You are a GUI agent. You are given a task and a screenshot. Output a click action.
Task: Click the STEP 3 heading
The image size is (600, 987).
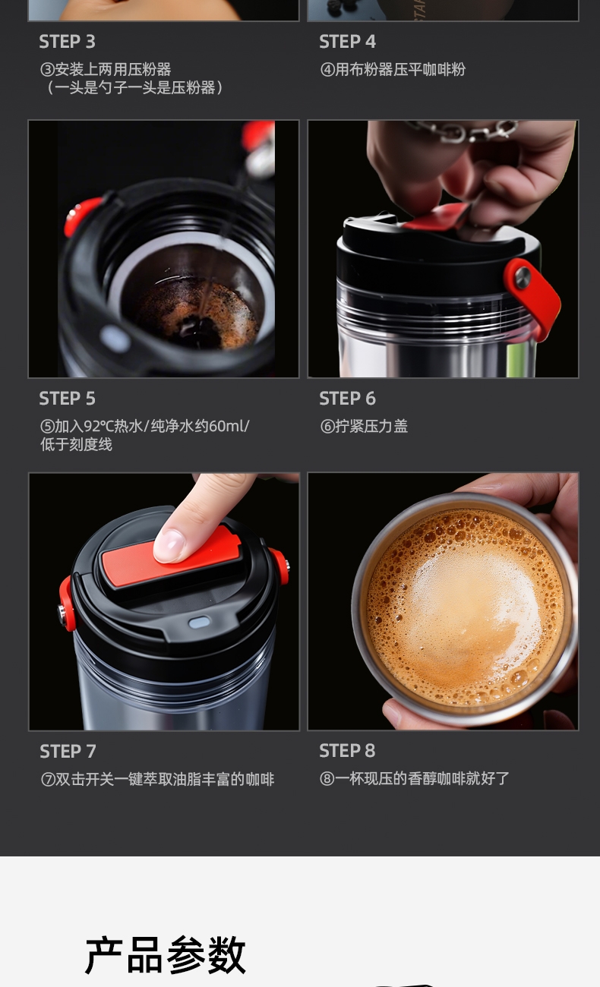67,42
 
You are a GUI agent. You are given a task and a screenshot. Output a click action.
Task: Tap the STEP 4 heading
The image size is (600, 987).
347,42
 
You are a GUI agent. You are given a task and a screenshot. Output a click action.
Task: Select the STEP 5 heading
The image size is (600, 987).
67,399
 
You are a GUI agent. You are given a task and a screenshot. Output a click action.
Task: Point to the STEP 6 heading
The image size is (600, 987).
347,399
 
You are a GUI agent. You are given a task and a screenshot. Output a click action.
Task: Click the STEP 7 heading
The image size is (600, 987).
68,752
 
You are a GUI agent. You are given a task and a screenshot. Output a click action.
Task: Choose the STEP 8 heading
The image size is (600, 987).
347,751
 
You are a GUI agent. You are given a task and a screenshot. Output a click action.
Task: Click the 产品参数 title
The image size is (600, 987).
166,955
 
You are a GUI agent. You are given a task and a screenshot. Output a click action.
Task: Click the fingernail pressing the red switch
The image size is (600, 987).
169,545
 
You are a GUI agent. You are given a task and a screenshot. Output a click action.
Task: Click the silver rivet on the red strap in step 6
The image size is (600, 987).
523,278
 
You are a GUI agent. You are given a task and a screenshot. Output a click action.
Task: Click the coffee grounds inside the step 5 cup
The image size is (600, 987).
194,315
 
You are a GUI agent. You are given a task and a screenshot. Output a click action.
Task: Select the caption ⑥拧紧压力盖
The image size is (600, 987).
364,427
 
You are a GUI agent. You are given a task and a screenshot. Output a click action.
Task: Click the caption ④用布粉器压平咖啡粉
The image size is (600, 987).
393,70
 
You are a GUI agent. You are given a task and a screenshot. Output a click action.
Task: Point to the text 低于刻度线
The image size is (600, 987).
76,445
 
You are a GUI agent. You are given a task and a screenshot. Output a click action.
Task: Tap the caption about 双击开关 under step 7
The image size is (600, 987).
157,780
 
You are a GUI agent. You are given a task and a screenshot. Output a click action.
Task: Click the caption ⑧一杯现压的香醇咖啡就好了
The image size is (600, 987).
415,778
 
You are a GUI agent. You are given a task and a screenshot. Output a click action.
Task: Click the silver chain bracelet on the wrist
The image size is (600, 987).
463,130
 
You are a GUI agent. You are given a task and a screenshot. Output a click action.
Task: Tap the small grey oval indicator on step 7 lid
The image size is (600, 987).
199,623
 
